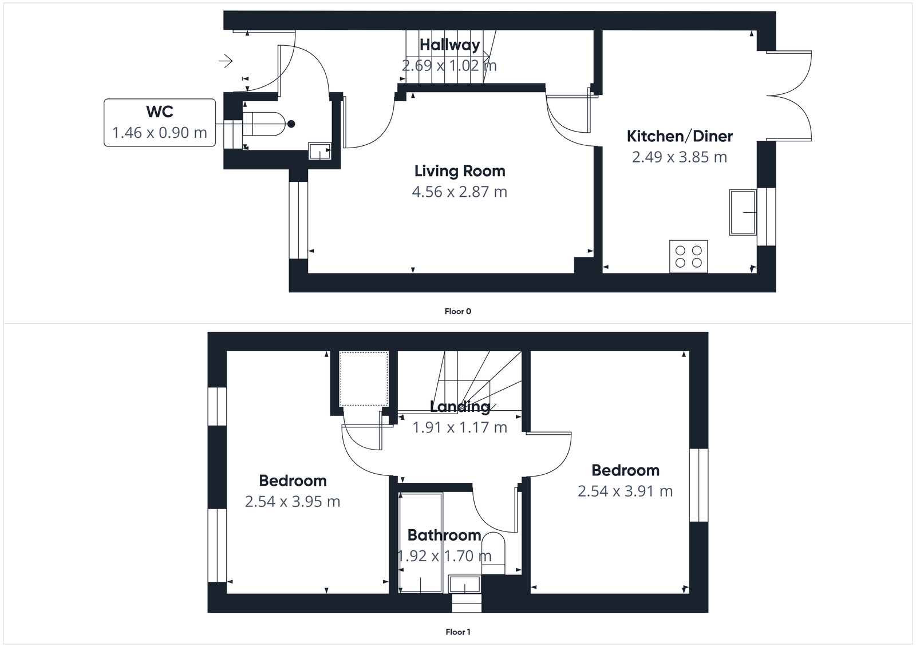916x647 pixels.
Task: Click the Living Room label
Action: pyautogui.click(x=460, y=171)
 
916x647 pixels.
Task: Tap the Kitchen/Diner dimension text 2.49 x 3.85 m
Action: pyautogui.click(x=680, y=157)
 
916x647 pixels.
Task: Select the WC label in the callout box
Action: pyautogui.click(x=160, y=112)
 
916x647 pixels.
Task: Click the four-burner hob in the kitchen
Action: pyautogui.click(x=688, y=256)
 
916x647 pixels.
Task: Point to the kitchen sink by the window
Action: pyautogui.click(x=743, y=212)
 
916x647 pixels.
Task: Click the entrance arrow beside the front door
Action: pyautogui.click(x=226, y=60)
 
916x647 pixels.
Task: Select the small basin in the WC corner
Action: pyautogui.click(x=319, y=150)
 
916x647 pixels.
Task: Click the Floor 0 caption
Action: pyautogui.click(x=457, y=311)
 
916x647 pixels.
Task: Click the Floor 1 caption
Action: pyautogui.click(x=457, y=632)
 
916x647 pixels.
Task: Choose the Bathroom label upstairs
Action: pyautogui.click(x=444, y=535)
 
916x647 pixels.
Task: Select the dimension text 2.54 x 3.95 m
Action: pyautogui.click(x=293, y=502)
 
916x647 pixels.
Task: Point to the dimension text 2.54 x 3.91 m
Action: pyautogui.click(x=625, y=491)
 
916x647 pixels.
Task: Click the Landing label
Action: pyautogui.click(x=460, y=407)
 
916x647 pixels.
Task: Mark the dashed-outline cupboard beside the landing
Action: pyautogui.click(x=364, y=378)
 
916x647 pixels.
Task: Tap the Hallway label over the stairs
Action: pyautogui.click(x=449, y=45)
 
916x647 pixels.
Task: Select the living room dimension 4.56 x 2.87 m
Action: pyautogui.click(x=460, y=192)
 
